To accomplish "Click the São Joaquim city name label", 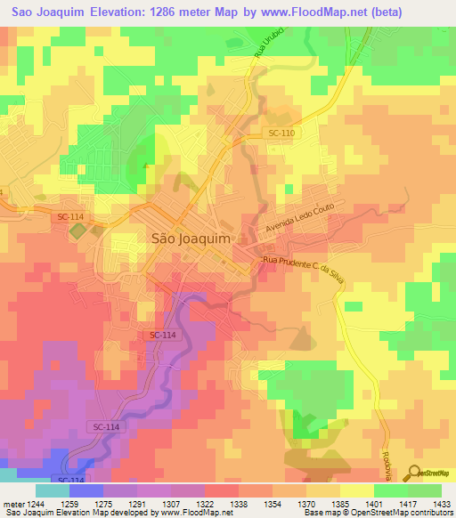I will point(186,239).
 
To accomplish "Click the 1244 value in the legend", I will point(35,503).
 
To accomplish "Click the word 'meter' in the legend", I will point(12,503).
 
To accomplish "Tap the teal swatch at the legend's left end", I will point(53,490).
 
